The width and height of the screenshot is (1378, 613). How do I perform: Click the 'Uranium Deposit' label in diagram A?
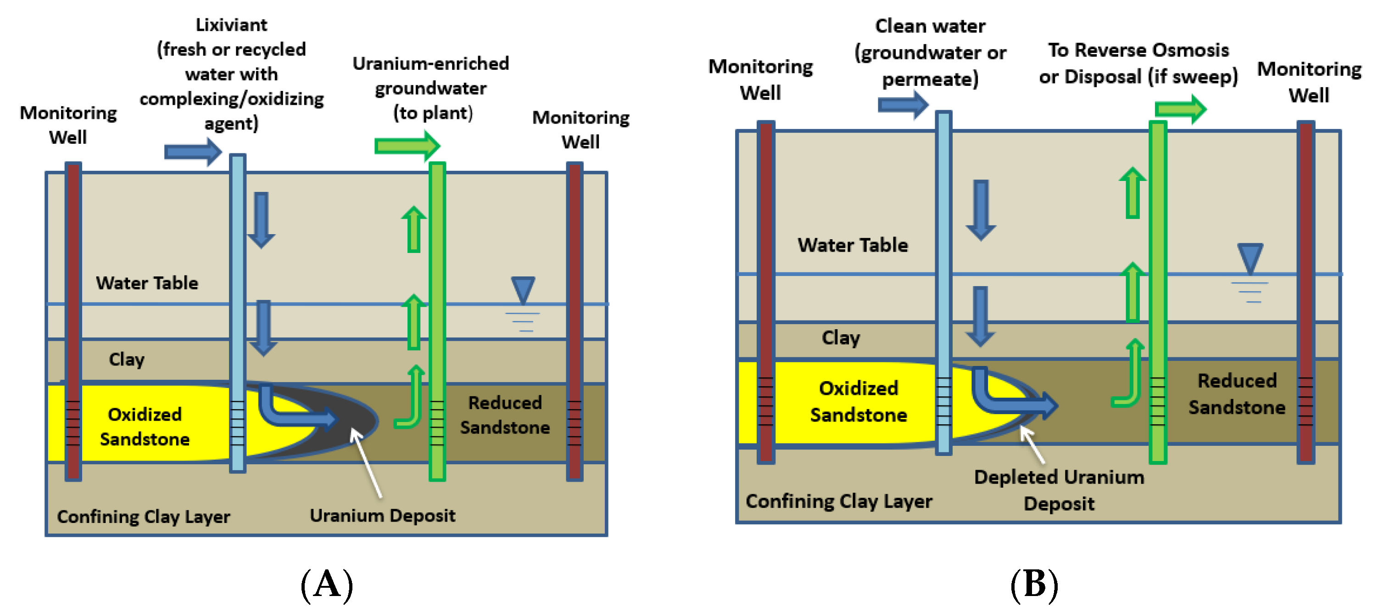[383, 516]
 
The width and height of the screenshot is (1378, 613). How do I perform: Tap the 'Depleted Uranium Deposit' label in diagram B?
[1059, 490]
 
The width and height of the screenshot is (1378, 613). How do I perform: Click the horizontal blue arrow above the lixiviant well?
[193, 152]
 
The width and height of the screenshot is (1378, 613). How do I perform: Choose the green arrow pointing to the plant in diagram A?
[407, 146]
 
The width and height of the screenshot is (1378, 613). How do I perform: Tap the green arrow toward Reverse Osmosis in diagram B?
[1181, 109]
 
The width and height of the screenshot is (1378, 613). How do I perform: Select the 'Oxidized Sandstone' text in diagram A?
[145, 427]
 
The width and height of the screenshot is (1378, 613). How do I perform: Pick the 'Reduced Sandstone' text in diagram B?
[1237, 394]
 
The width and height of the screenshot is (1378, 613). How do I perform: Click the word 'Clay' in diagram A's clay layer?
[126, 359]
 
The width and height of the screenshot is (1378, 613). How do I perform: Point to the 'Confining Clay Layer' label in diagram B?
[839, 501]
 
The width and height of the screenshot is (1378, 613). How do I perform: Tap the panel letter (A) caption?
[327, 584]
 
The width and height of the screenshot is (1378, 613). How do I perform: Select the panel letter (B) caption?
[1034, 584]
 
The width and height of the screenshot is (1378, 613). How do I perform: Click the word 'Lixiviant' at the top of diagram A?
[231, 25]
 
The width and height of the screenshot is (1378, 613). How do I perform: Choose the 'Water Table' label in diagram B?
[853, 245]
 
